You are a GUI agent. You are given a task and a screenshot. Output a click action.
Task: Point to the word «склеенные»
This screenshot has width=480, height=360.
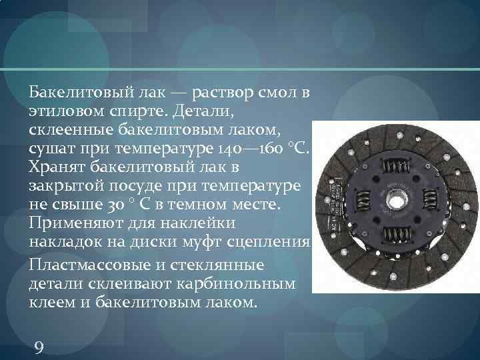[67, 127]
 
